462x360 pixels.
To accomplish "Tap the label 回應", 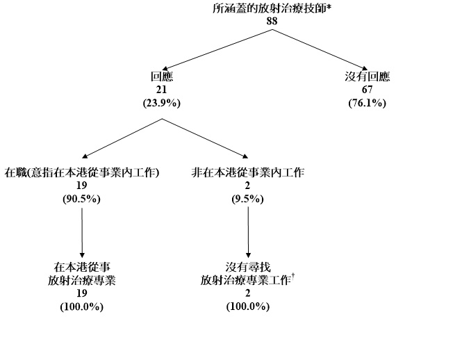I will click(x=161, y=77).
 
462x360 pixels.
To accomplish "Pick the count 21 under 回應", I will click(x=161, y=90).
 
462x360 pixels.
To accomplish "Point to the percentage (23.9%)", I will click(x=161, y=103).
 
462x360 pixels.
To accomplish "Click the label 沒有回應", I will click(x=367, y=77).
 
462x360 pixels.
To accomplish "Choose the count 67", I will click(x=367, y=90).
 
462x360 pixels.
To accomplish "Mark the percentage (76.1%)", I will click(x=367, y=103).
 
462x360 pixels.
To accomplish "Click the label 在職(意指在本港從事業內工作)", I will click(x=82, y=172).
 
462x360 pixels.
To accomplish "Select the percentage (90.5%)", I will click(x=82, y=199).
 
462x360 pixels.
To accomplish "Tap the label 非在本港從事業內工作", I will click(x=248, y=172).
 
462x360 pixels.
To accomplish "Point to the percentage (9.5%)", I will click(x=248, y=199).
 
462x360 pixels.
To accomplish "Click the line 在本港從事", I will click(x=82, y=268).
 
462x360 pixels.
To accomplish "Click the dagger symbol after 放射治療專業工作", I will click(x=295, y=277).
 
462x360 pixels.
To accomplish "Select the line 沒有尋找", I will click(x=248, y=268).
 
